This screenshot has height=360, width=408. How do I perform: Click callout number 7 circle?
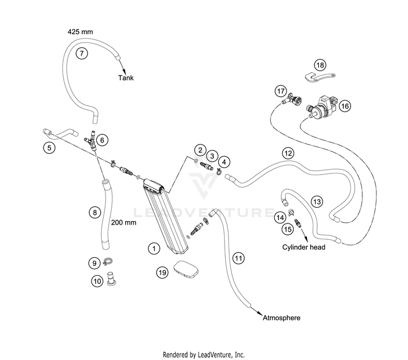[82, 53]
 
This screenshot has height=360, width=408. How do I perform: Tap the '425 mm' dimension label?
[80, 32]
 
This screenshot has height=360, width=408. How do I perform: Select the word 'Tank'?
[126, 78]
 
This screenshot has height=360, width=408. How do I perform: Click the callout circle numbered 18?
[320, 65]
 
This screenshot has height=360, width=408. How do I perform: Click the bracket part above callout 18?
[319, 78]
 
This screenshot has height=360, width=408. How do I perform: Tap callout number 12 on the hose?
[288, 153]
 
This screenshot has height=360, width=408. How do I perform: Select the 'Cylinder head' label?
[304, 247]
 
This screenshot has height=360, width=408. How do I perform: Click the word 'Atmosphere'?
[281, 318]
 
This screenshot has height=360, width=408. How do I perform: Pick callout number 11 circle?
[238, 258]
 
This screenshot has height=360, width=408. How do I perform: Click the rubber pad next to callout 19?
[186, 270]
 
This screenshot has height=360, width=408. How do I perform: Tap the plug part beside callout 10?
[112, 278]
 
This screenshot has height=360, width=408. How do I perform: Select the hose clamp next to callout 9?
[108, 262]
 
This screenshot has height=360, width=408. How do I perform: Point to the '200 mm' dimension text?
[123, 222]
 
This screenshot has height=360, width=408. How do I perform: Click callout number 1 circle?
[154, 249]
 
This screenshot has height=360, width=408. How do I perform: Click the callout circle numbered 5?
[49, 148]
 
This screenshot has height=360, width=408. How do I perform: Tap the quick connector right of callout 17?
[293, 101]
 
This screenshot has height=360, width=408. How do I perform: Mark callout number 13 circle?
[317, 202]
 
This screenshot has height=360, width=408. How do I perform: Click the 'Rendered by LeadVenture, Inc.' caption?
[204, 355]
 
